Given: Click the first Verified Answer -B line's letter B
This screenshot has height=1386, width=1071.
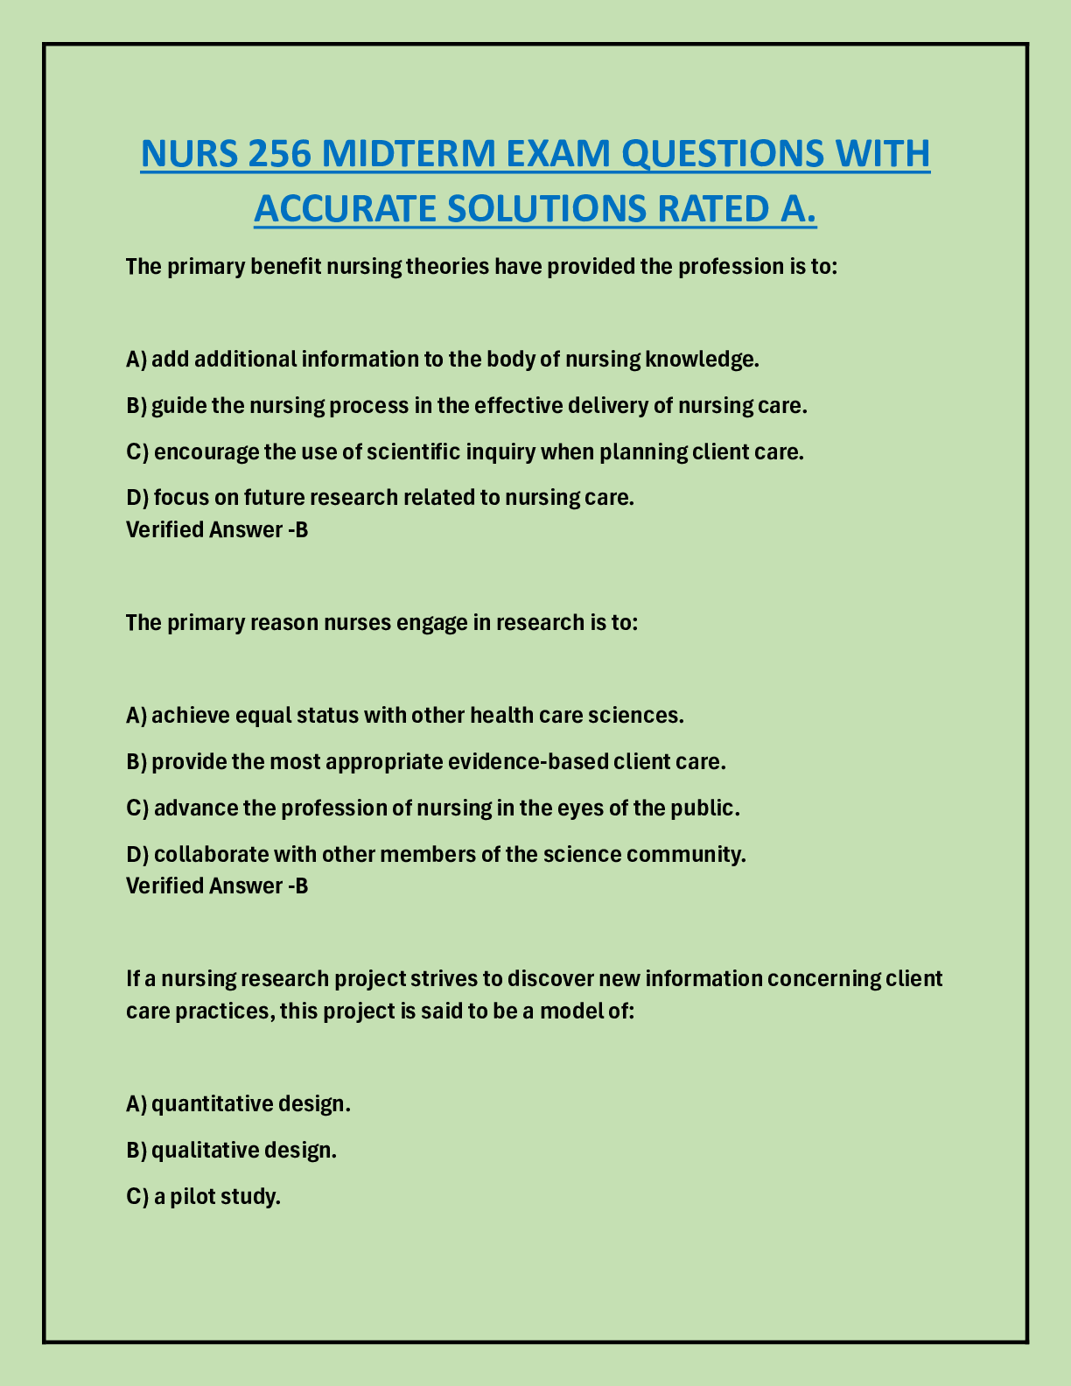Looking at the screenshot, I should [302, 529].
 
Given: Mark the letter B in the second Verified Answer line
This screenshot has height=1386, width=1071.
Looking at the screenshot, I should [302, 885].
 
